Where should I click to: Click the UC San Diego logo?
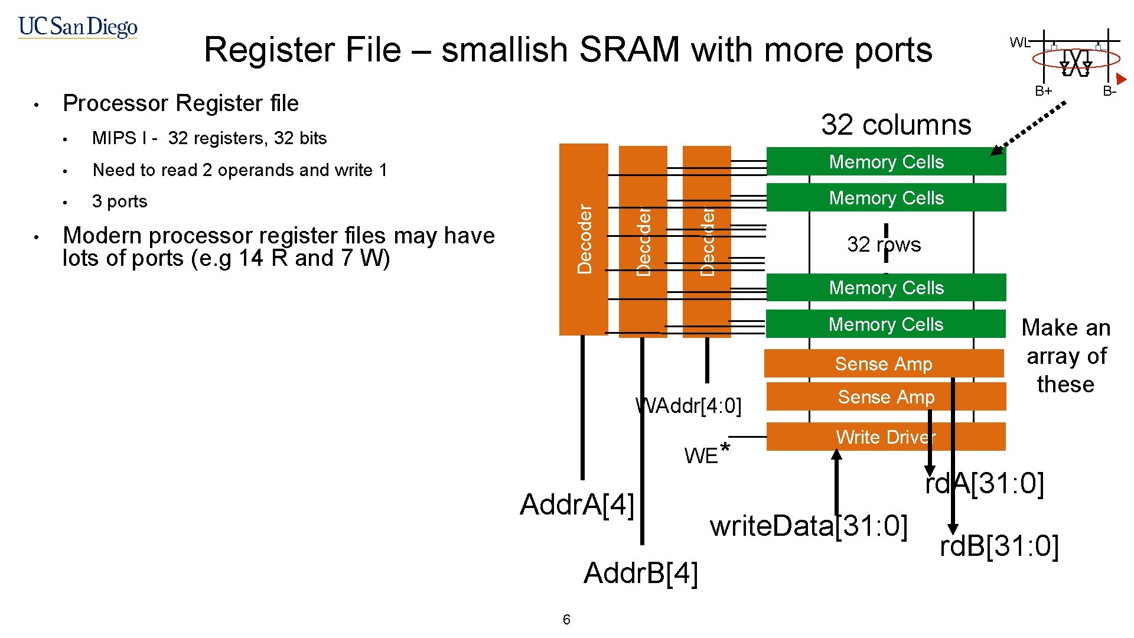pos(77,27)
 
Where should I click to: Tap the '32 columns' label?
pos(895,125)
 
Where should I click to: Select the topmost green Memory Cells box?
pos(886,162)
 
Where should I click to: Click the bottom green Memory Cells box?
pos(885,324)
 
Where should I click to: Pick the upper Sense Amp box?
pos(884,364)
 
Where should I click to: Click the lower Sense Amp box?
pos(886,397)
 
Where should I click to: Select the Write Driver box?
pos(886,437)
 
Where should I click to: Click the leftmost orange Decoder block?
pos(584,239)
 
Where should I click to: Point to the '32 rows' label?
pos(884,245)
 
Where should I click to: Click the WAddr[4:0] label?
pos(688,406)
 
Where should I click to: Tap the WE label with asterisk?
pos(706,454)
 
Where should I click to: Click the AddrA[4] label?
pos(576,504)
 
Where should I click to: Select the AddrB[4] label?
pos(641,573)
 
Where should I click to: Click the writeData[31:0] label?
pos(808,526)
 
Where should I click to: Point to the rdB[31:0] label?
pos(999,546)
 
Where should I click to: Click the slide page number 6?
pos(566,620)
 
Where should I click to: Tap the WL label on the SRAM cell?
pos(1019,43)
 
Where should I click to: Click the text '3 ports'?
pos(119,201)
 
